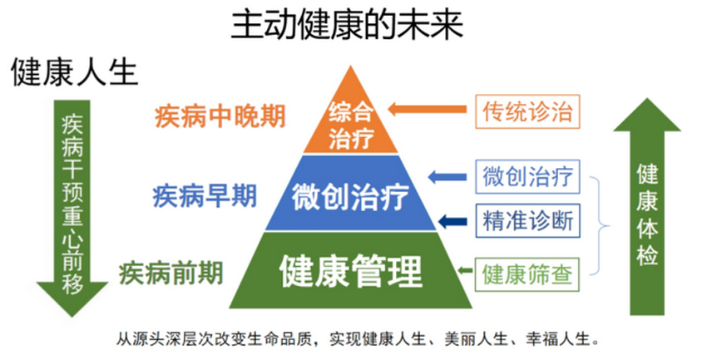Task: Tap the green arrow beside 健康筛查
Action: tap(464, 271)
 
